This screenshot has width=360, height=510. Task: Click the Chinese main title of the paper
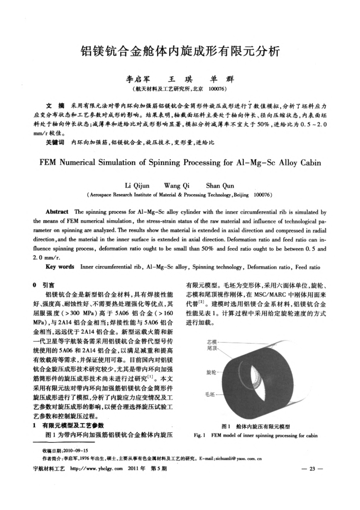[x=180, y=51]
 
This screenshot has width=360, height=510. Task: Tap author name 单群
[x=219, y=80]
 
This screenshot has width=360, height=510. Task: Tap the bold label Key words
[x=60, y=267]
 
